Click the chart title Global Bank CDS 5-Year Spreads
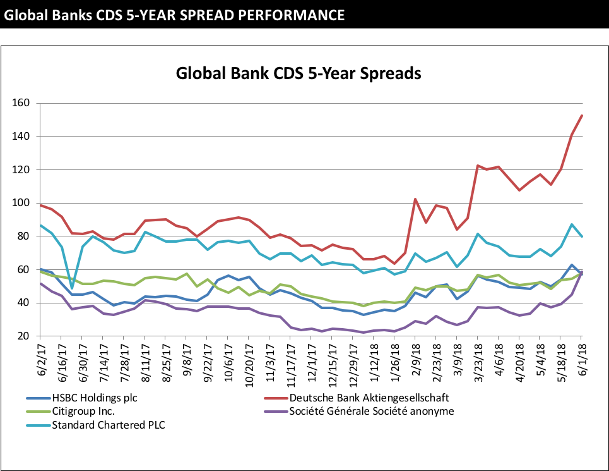[x=299, y=73]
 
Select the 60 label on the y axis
[x=24, y=270]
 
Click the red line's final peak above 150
[x=581, y=116]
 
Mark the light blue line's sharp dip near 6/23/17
[x=72, y=288]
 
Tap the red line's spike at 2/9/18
[x=415, y=199]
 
